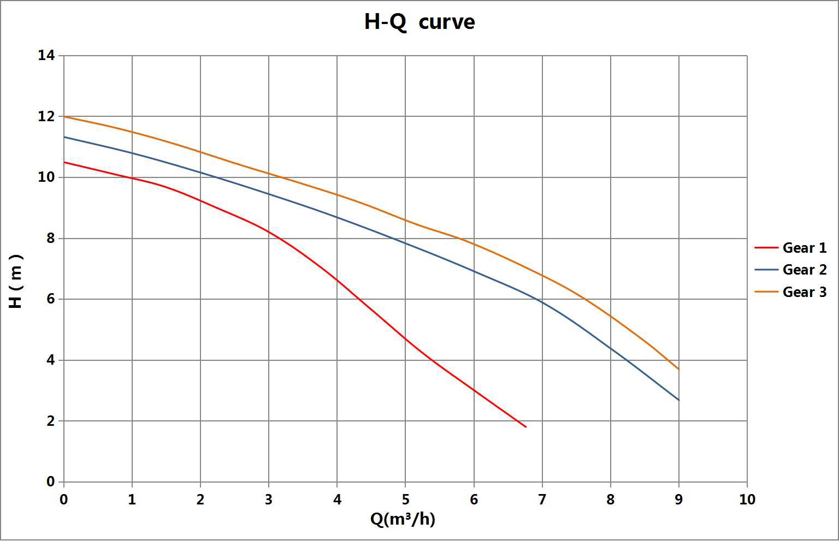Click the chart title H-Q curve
point(419,22)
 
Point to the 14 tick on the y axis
point(46,55)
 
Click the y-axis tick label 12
point(46,116)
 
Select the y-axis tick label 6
point(50,299)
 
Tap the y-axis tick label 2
point(50,421)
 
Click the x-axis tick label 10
point(747,500)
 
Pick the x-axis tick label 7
point(542,500)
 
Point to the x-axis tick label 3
point(269,500)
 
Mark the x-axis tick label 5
point(405,500)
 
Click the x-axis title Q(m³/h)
point(403,519)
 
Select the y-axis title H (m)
point(16,281)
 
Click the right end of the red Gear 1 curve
point(525,427)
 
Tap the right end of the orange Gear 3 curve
point(678,370)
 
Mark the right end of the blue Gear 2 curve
point(678,400)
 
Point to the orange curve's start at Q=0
point(64,116)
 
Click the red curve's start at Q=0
point(64,162)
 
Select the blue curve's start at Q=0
point(64,137)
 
